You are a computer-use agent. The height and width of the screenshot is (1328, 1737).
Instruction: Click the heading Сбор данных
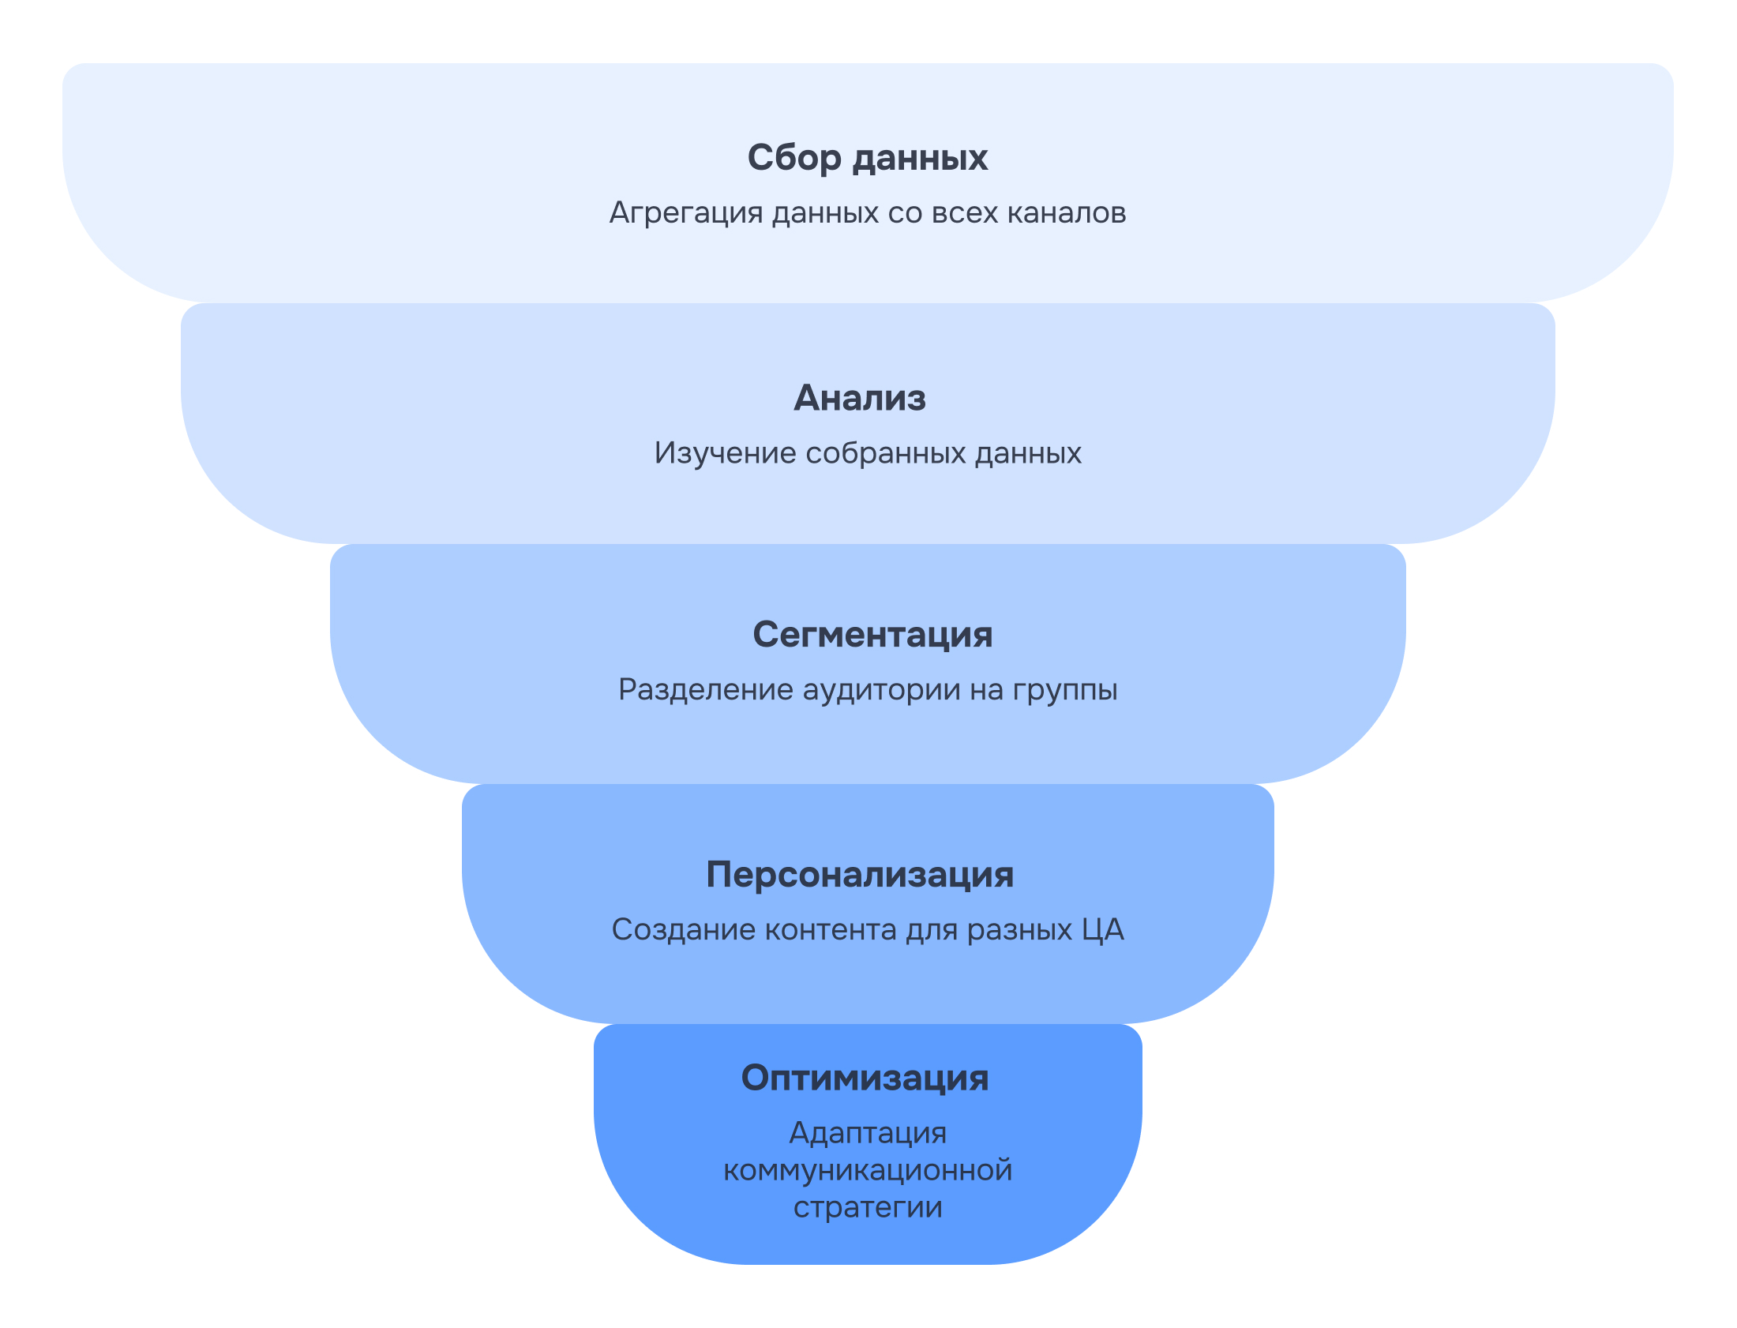pyautogui.click(x=867, y=157)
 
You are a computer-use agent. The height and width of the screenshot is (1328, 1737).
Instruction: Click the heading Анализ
pyautogui.click(x=859, y=398)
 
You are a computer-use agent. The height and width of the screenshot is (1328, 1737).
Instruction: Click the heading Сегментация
pyautogui.click(x=872, y=634)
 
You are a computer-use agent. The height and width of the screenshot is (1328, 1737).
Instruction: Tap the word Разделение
pyautogui.click(x=705, y=689)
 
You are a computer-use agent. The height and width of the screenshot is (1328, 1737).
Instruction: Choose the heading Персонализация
pyautogui.click(x=859, y=874)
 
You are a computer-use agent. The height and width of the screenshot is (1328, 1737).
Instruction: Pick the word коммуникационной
pyautogui.click(x=867, y=1170)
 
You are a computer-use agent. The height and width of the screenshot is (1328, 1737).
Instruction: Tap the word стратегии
pyautogui.click(x=867, y=1207)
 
